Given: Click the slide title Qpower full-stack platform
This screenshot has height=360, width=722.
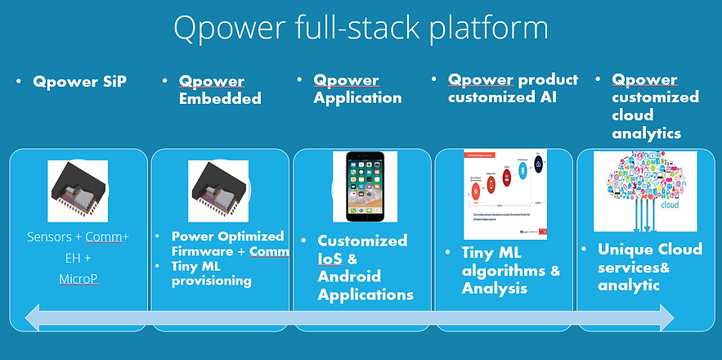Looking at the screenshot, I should [x=361, y=29].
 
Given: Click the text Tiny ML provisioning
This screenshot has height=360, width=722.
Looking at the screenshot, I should [x=212, y=273].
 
